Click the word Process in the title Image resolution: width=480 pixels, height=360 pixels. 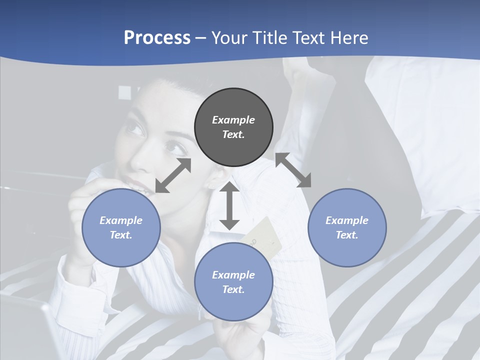pyautogui.click(x=157, y=38)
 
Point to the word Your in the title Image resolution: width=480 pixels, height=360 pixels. pyautogui.click(x=228, y=38)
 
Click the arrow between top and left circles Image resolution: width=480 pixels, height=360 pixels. pyautogui.click(x=173, y=175)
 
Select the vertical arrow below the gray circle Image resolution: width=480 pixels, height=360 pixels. pyautogui.click(x=229, y=205)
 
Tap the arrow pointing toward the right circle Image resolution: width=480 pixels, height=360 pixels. pyautogui.click(x=293, y=170)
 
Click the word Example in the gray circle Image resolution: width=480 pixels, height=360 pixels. pyautogui.click(x=233, y=120)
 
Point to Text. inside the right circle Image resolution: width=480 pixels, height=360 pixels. pyautogui.click(x=347, y=234)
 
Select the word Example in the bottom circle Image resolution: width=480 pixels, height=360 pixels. pyautogui.click(x=233, y=274)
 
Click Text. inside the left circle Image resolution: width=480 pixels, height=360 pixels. pyautogui.click(x=121, y=234)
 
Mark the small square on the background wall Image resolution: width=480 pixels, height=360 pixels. pyautogui.click(x=124, y=92)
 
